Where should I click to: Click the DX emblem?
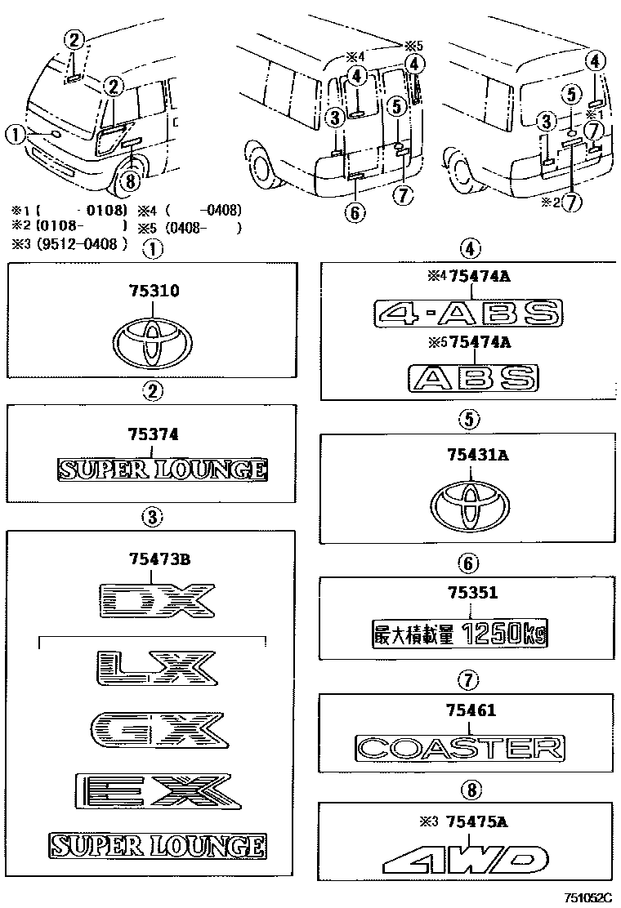coord(155,602)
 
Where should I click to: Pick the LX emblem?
coord(155,668)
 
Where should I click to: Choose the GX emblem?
coord(156,728)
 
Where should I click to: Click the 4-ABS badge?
coord(468,313)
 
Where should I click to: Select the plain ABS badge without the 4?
coord(473,376)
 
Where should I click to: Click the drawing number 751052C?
coord(587,898)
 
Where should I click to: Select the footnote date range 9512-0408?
coord(80,244)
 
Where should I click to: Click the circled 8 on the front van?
coord(129,180)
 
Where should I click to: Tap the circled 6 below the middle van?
coord(353,212)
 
